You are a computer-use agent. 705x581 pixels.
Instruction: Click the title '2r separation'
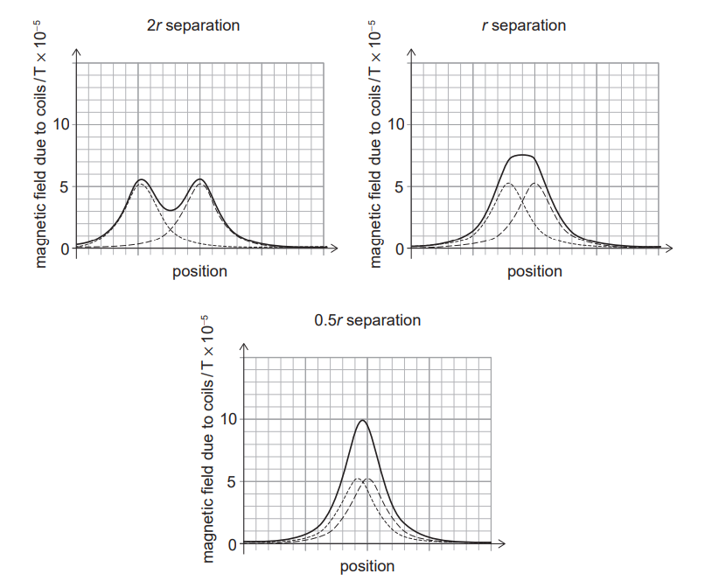click(193, 25)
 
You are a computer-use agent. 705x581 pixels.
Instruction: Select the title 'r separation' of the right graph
click(524, 25)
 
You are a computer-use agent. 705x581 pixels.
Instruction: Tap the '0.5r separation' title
click(367, 320)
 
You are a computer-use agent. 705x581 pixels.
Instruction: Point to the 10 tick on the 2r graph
click(59, 124)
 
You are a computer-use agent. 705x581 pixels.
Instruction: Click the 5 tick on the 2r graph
click(64, 186)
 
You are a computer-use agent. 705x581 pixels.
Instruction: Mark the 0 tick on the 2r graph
click(64, 248)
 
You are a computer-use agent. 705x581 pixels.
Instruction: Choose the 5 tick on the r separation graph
click(399, 186)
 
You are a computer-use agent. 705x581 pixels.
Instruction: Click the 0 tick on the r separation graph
click(399, 248)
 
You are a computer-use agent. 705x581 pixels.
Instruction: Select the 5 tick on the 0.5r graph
click(232, 481)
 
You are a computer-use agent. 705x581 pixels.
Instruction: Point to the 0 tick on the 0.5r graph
click(232, 544)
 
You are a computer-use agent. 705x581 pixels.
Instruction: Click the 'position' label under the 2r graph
click(199, 271)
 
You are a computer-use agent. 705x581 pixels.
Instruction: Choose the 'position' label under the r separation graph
click(534, 271)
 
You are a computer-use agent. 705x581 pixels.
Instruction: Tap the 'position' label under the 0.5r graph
click(367, 566)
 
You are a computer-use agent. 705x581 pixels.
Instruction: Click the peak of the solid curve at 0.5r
click(362, 421)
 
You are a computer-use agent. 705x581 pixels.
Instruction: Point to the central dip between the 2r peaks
click(171, 210)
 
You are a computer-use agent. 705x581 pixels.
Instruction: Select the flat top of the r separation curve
click(522, 155)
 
